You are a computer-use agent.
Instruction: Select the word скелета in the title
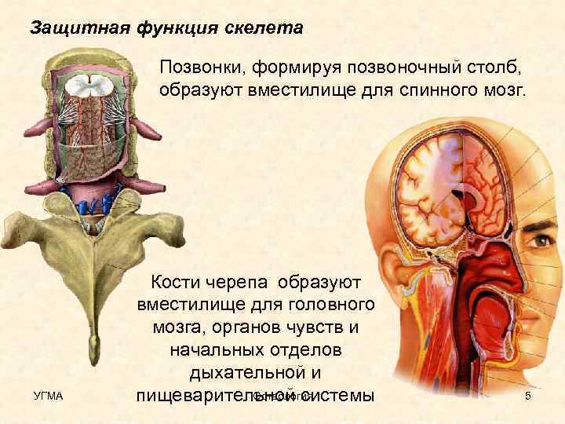(x=269, y=28)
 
